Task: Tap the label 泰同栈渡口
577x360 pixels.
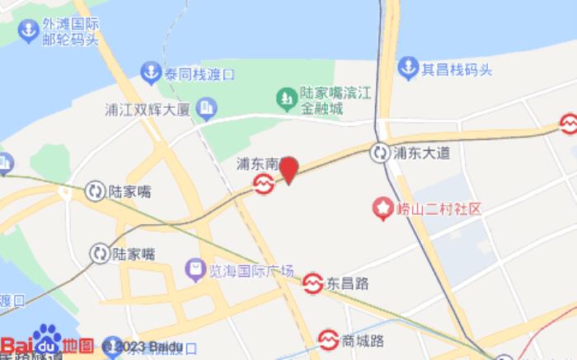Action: point(199,75)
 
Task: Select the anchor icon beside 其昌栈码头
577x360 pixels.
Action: point(408,68)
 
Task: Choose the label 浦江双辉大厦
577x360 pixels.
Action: point(148,108)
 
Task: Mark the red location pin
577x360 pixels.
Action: point(288,170)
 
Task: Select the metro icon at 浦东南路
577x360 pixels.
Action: point(264,185)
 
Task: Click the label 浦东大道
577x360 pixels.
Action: point(421,152)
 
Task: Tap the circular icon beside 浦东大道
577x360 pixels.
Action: point(380,152)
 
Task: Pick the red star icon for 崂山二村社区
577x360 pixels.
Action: point(383,209)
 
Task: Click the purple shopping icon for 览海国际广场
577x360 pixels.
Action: point(195,267)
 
